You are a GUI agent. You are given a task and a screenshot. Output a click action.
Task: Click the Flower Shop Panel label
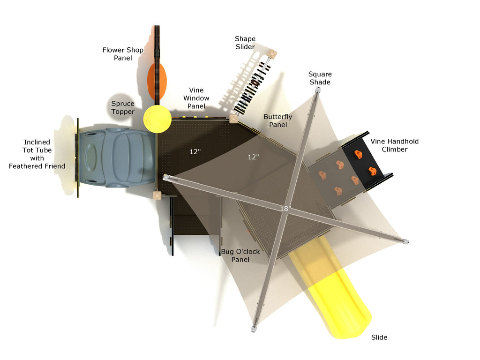point(123,54)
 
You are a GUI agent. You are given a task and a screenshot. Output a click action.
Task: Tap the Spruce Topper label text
point(123,107)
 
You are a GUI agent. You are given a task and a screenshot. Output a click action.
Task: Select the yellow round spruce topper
point(157,120)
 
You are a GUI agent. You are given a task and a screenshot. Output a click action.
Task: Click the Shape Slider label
point(245,43)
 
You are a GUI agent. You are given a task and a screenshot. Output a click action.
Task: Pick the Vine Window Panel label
point(196,98)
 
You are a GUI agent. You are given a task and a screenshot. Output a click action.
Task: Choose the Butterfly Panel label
point(278,120)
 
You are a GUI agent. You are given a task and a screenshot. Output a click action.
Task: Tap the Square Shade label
point(320,78)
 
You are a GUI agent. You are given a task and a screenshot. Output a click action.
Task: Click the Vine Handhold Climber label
point(395,145)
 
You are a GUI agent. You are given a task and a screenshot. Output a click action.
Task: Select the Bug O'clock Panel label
point(240,255)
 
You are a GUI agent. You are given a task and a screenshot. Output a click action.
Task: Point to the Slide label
point(379,337)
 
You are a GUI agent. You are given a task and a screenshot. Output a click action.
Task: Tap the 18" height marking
point(285,209)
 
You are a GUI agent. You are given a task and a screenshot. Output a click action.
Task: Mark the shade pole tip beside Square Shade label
point(318,90)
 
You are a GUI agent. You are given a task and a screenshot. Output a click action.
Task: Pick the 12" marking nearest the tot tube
point(195,151)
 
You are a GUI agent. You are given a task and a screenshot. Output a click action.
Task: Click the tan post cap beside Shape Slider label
point(272,54)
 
